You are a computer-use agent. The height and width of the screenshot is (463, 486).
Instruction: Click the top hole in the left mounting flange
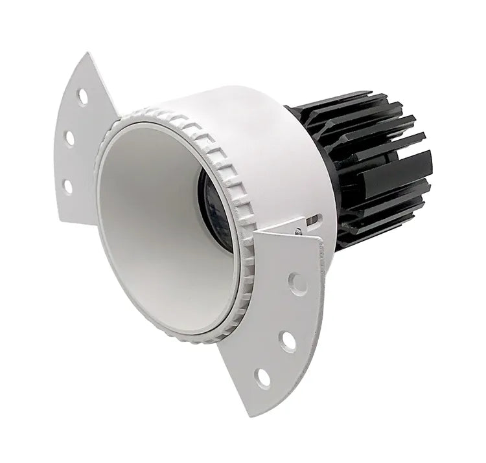point(83,96)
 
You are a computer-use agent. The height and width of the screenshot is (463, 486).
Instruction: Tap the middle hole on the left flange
point(69,138)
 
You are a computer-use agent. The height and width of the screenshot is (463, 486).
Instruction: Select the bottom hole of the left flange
point(67,186)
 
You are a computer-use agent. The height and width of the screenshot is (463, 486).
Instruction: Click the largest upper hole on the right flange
point(297,283)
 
